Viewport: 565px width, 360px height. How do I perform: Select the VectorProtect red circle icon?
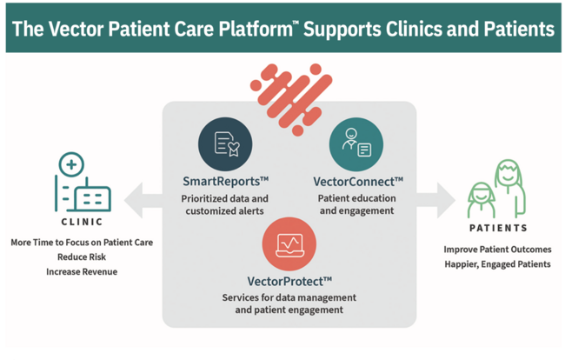(x=289, y=244)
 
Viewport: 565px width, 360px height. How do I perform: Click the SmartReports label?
(x=225, y=182)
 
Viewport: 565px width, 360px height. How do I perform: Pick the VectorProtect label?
(x=289, y=281)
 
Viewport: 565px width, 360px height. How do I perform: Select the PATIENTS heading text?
(x=497, y=229)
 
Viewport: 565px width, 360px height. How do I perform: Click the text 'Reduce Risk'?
(x=82, y=257)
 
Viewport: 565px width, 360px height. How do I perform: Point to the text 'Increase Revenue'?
(x=82, y=271)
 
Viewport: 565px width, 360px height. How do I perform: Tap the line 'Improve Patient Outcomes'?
(x=496, y=250)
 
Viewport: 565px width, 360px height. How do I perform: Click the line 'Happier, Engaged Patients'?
(x=496, y=264)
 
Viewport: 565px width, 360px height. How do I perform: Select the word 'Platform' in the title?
(x=249, y=30)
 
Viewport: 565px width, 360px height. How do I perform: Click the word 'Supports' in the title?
(x=349, y=30)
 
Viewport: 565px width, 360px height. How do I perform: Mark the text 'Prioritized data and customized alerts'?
(x=225, y=204)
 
